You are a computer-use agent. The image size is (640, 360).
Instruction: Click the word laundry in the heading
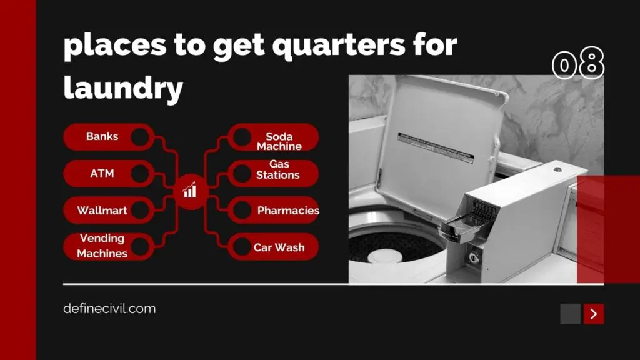pyautogui.click(x=123, y=87)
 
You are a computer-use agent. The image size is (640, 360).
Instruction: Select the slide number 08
pyautogui.click(x=578, y=63)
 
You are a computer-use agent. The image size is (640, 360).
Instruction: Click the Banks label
pyautogui.click(x=102, y=136)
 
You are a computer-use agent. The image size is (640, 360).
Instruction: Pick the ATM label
pyautogui.click(x=102, y=173)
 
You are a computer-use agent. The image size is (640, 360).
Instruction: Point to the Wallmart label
pyautogui.click(x=102, y=210)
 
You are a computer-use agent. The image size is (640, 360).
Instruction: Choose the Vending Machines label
pyautogui.click(x=102, y=246)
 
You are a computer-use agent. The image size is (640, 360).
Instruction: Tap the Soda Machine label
pyautogui.click(x=279, y=141)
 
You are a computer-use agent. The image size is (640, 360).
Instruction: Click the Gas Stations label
pyautogui.click(x=278, y=169)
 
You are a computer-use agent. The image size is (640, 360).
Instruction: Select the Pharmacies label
pyautogui.click(x=288, y=211)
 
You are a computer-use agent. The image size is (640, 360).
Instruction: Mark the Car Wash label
pyautogui.click(x=279, y=247)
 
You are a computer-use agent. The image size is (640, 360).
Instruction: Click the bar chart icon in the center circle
pyautogui.click(x=189, y=190)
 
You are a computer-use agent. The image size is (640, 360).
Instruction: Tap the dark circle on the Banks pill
pyautogui.click(x=140, y=137)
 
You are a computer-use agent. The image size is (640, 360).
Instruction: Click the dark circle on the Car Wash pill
pyautogui.click(x=242, y=247)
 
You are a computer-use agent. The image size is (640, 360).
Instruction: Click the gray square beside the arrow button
pyautogui.click(x=570, y=314)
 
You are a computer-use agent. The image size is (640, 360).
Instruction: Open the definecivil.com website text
pyautogui.click(x=109, y=309)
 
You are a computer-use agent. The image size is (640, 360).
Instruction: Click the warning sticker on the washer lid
pyautogui.click(x=436, y=147)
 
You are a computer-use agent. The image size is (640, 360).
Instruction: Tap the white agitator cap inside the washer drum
pyautogui.click(x=384, y=256)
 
